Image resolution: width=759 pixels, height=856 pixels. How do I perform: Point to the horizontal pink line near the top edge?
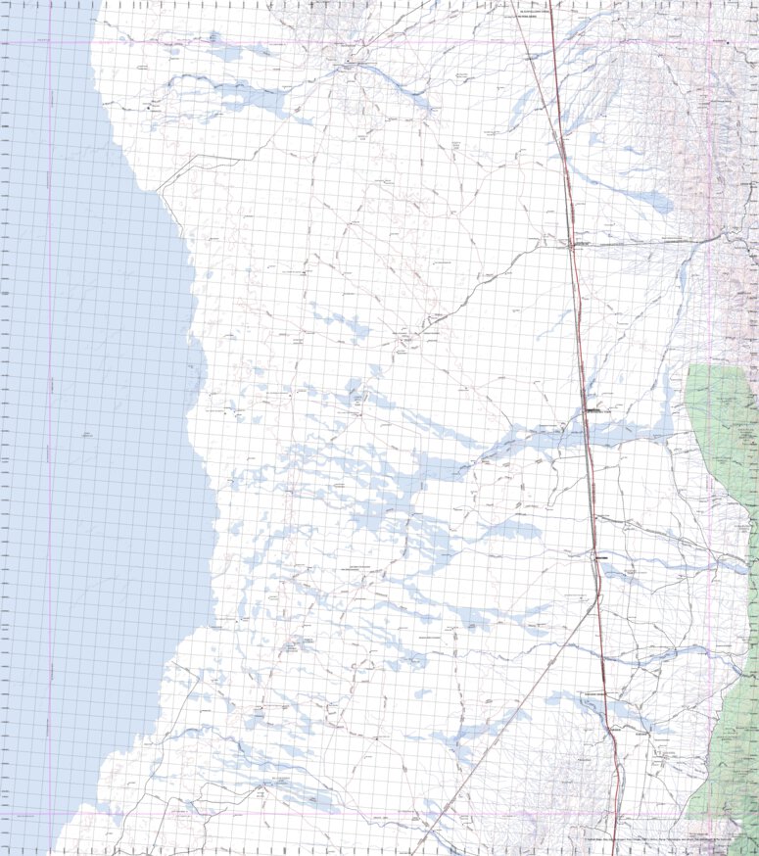tap(294, 42)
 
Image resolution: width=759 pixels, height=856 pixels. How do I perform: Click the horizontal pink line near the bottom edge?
tap(294, 813)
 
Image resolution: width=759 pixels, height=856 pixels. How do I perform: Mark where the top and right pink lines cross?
tap(709, 42)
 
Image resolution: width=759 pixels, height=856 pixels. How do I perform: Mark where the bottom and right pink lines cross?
tap(709, 813)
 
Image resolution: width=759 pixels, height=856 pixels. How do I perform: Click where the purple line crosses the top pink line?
tap(49, 42)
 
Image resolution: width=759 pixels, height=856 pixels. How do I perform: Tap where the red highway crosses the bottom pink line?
tap(615, 813)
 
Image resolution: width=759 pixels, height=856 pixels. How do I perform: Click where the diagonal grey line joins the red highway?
tap(596, 599)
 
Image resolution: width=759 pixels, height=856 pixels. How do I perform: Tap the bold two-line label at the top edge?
tap(521, 14)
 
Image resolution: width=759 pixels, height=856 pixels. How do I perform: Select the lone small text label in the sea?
tap(90, 434)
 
